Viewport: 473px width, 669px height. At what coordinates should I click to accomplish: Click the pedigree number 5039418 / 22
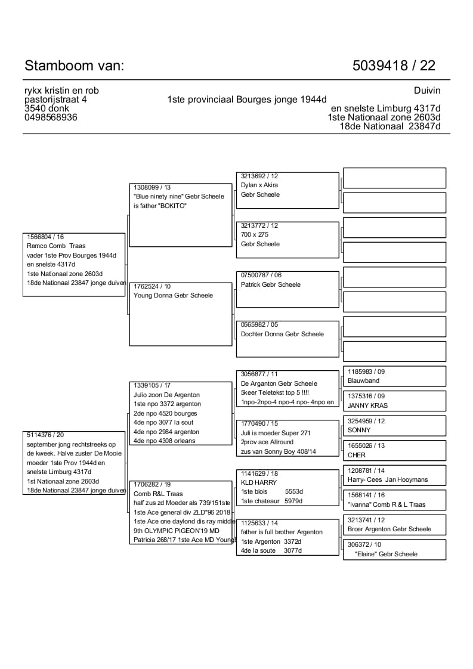point(394,66)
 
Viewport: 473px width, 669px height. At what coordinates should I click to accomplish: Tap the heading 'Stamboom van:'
point(75,66)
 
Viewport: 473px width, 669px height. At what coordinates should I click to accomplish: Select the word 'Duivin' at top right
point(426,91)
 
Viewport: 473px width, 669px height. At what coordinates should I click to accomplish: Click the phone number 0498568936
point(51,117)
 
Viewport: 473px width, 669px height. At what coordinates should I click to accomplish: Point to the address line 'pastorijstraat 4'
point(55,100)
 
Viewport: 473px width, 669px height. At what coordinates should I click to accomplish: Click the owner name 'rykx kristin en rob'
point(61,91)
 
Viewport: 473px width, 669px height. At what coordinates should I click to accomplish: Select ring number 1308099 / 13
point(152,187)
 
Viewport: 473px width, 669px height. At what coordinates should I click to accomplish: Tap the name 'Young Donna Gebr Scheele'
point(173,295)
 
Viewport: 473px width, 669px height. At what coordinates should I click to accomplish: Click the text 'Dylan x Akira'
point(259,185)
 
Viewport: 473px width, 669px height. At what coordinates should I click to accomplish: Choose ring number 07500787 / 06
point(261,275)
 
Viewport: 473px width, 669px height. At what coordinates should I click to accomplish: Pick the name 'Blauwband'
point(363,380)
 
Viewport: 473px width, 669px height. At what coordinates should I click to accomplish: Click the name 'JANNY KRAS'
point(367,405)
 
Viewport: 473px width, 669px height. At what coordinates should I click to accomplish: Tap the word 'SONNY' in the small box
point(359,430)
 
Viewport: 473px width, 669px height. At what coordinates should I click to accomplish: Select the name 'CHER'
point(357,455)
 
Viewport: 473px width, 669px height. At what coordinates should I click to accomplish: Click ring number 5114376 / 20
point(45,435)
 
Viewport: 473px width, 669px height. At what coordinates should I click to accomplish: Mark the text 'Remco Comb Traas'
point(56,246)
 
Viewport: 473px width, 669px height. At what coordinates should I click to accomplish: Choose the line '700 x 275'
point(255,235)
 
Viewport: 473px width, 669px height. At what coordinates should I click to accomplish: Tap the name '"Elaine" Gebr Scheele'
point(386,554)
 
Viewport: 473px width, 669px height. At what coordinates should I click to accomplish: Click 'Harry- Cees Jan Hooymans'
point(388,479)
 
